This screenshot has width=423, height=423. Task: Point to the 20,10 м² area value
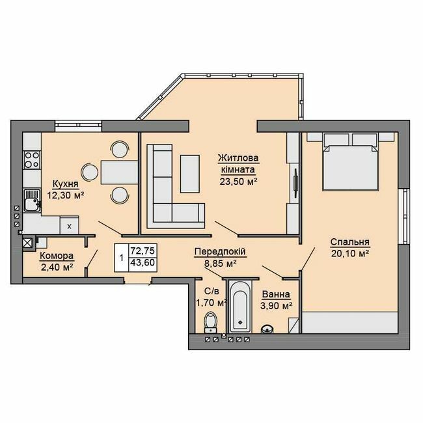coord(349,252)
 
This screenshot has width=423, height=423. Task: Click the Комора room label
coord(56,256)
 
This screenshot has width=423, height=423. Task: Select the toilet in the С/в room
coord(210,321)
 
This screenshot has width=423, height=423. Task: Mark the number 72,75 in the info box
coord(143,250)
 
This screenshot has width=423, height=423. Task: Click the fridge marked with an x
coord(68,225)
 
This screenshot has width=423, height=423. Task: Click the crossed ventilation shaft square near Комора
coord(27,244)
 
